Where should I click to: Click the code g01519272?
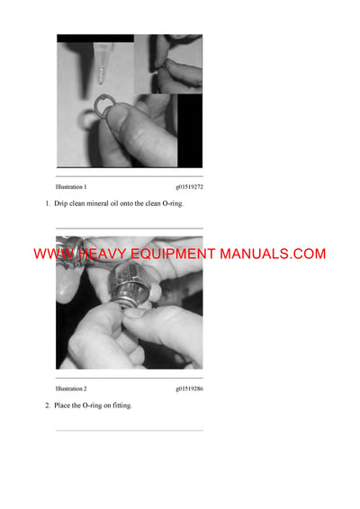[x=189, y=187]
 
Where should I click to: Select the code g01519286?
[x=189, y=388]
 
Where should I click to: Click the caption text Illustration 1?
[x=71, y=187]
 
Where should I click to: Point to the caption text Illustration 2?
[x=71, y=388]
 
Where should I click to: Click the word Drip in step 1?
[x=63, y=204]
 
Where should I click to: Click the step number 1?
[x=47, y=204]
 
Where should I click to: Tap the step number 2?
[x=47, y=406]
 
